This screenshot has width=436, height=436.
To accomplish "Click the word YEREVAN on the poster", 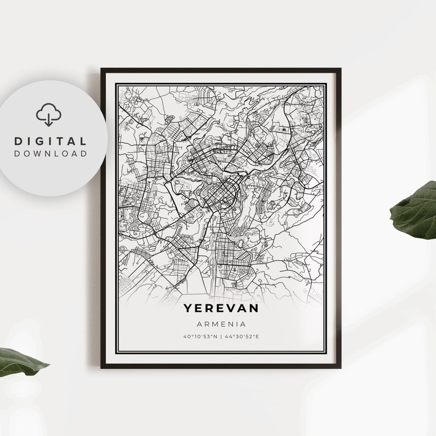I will pyautogui.click(x=221, y=309).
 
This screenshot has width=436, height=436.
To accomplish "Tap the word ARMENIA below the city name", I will pyautogui.click(x=221, y=325).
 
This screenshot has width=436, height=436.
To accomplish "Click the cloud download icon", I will pyautogui.click(x=49, y=115).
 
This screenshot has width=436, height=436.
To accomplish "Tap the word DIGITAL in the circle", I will pyautogui.click(x=51, y=142).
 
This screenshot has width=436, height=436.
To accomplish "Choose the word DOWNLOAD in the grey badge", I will pyautogui.click(x=51, y=154).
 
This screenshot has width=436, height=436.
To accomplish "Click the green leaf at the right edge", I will pyautogui.click(x=415, y=212).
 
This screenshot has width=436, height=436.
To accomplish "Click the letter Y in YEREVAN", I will pyautogui.click(x=187, y=309).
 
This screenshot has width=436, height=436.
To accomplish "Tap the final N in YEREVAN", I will pyautogui.click(x=254, y=309).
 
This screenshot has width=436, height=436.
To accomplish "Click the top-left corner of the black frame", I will pyautogui.click(x=102, y=69).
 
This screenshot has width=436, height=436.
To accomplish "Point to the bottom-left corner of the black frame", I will pyautogui.click(x=102, y=366).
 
